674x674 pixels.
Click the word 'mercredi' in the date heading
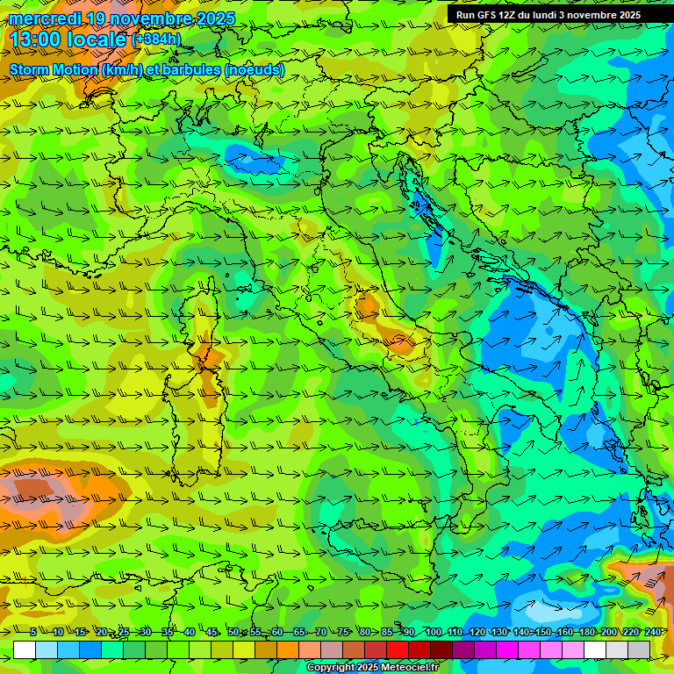(x=44, y=18)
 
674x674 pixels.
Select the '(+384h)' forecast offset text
(x=156, y=39)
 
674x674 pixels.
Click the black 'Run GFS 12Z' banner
(x=548, y=15)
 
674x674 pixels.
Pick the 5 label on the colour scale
(x=32, y=632)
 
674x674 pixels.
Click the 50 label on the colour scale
(x=233, y=632)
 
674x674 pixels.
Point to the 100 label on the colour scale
(x=433, y=632)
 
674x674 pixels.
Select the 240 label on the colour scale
(x=652, y=632)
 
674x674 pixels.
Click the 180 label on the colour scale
(x=586, y=632)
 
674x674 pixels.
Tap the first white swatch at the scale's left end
(x=25, y=649)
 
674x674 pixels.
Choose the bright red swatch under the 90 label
(x=398, y=649)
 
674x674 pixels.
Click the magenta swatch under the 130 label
(x=507, y=649)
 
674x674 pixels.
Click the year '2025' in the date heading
(x=211, y=18)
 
